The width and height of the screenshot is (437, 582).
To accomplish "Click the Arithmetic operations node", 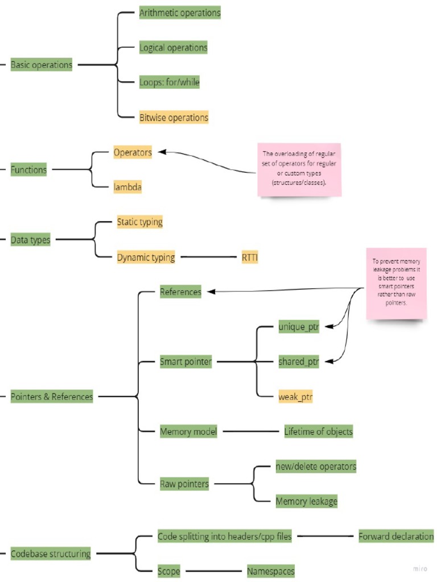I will point(180,13).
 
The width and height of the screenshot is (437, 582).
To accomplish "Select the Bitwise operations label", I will point(174,118).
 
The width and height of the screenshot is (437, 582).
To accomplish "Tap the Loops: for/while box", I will point(170,82).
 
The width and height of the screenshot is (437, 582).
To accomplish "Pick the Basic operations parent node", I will point(42,65).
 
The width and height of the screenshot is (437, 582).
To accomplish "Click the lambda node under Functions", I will point(127,187).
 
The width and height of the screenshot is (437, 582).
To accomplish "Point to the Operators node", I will point(133,152).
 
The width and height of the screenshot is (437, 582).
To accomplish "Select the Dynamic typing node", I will point(146,257).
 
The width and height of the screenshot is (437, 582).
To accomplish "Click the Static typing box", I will point(139,222).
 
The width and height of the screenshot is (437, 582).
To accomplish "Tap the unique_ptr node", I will point(299,327).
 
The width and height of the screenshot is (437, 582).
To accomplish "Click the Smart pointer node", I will point(185,361).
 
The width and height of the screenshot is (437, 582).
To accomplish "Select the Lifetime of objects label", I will point(319,431).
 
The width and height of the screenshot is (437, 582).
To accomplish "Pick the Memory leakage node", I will point(307,501).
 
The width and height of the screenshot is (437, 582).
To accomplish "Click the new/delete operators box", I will point(316,466).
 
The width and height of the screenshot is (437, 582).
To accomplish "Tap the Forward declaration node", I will point(396,537).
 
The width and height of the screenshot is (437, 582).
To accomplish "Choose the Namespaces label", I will point(271,571).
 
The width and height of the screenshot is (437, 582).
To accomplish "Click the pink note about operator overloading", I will point(299,169).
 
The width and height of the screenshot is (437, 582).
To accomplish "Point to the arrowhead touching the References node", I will point(210,292).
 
